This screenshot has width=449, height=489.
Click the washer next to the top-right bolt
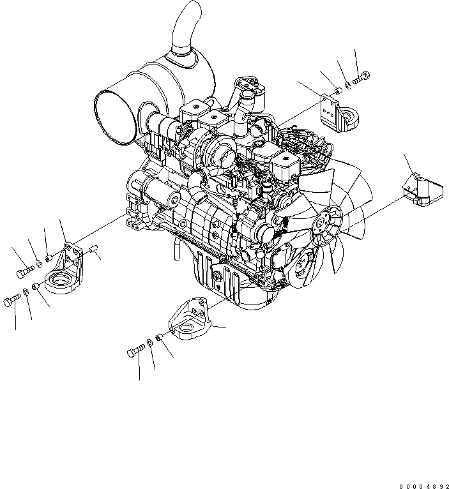[x=347, y=84]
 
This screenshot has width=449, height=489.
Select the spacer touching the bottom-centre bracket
[x=160, y=336]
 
